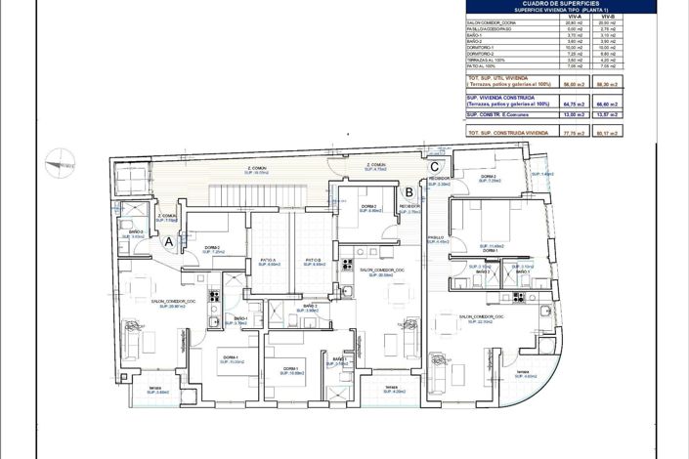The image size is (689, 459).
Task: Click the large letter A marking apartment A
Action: tap(169, 240)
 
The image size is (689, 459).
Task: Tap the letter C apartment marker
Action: tap(433, 165)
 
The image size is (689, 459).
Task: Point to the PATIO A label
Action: tap(268, 260)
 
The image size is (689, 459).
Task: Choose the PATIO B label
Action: tap(313, 260)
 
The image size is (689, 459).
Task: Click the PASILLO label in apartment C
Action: tap(436, 237)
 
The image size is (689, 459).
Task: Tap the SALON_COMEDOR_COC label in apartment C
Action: tap(482, 317)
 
